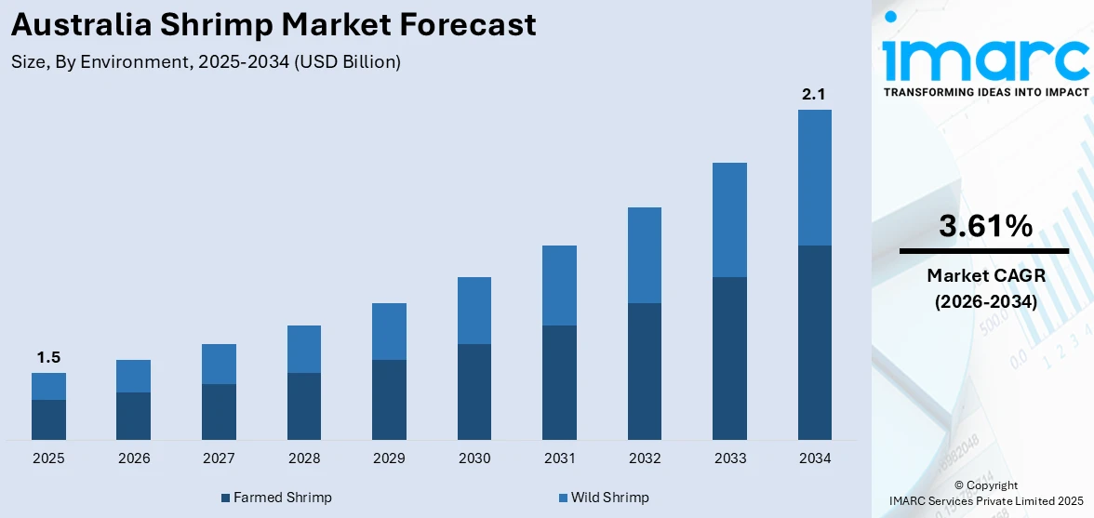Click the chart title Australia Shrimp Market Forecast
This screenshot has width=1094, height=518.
[x=273, y=25]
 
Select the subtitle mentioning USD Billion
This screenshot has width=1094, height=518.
[x=206, y=62]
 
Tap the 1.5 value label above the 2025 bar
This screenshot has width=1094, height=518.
[x=48, y=357]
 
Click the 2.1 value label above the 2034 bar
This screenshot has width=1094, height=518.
[x=814, y=94]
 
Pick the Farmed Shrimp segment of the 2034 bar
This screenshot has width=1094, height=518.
[x=814, y=342]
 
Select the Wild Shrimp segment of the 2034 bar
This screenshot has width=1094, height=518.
[x=814, y=178]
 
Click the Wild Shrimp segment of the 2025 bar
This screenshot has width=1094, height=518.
[x=48, y=386]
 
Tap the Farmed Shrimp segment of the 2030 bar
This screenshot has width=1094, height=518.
[x=474, y=392]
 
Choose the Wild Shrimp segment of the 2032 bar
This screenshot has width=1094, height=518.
[x=645, y=255]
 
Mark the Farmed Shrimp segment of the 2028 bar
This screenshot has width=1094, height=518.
[x=304, y=406]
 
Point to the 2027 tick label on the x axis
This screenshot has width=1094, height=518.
[x=219, y=458]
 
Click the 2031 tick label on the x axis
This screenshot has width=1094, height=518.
[x=559, y=458]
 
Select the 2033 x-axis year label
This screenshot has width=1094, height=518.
[x=729, y=458]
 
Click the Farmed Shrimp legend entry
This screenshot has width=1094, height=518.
[x=276, y=498]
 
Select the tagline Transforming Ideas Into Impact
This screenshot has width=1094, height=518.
[x=985, y=92]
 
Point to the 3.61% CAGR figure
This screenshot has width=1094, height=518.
[x=985, y=226]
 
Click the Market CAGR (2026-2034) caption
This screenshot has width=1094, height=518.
[x=985, y=288]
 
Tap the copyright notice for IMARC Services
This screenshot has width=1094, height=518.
[x=985, y=493]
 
